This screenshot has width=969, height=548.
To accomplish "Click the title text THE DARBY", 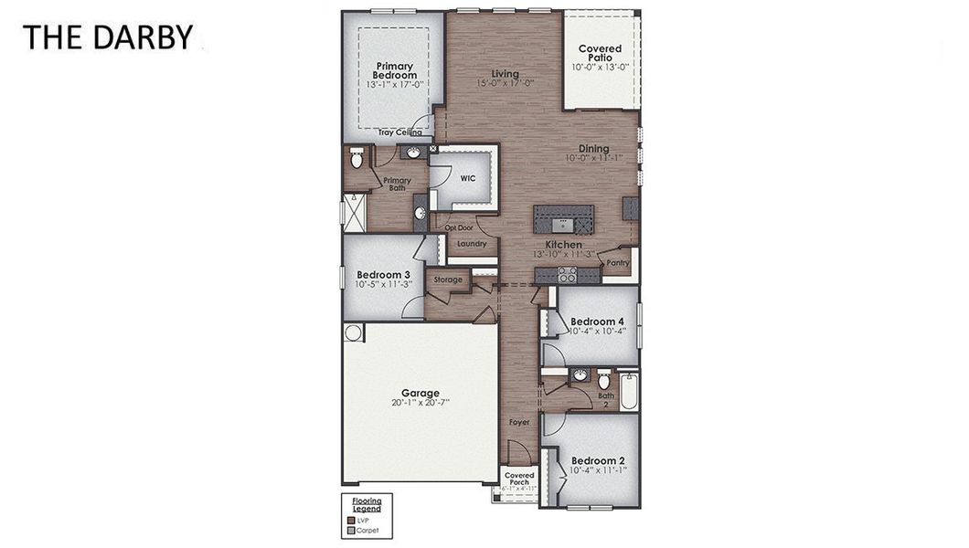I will pyautogui.click(x=108, y=37).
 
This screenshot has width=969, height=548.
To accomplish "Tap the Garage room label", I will pyautogui.click(x=420, y=393).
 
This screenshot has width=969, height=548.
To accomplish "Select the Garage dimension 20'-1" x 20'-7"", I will pyautogui.click(x=420, y=403).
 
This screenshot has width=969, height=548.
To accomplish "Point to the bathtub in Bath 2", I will pyautogui.click(x=629, y=392).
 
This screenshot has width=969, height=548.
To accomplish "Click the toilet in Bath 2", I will pyautogui.click(x=603, y=379).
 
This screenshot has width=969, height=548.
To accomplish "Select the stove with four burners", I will pyautogui.click(x=567, y=274).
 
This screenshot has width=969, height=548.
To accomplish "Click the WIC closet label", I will pyautogui.click(x=467, y=178).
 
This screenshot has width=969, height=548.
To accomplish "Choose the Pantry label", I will pyautogui.click(x=618, y=263).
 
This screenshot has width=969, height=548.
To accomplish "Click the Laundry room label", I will pyautogui.click(x=471, y=244).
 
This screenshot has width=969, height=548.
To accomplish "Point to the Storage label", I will pyautogui.click(x=448, y=279).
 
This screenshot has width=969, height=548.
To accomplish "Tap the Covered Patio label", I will pyautogui.click(x=600, y=53).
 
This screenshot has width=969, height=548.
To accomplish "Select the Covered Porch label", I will pyautogui.click(x=519, y=479).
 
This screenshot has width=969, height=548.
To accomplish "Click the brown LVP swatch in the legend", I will pyautogui.click(x=350, y=520).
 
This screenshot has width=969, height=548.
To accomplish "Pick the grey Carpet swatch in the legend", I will pyautogui.click(x=350, y=530).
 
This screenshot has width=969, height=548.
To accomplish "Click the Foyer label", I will pyautogui.click(x=519, y=422).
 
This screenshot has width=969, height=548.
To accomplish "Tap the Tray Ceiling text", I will pyautogui.click(x=399, y=132).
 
